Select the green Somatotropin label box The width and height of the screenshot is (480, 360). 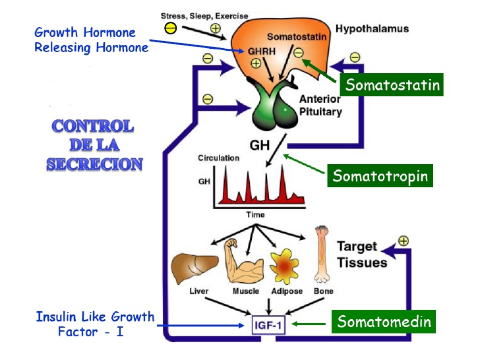coord(380,176)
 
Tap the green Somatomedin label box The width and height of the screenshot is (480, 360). coord(384,322)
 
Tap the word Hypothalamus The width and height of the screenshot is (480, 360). coord(373,29)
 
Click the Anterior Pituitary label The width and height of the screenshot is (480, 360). coord(320,105)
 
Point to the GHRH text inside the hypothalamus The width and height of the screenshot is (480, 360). coord(258,50)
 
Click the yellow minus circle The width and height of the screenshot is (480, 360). coord(170,28)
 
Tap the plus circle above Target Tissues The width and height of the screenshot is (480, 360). coord(403,241)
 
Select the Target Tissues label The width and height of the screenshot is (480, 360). coord(362,255)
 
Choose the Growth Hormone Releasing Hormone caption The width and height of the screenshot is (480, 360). coord(91,40)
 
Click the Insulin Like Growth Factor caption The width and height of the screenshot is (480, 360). coord(95,324)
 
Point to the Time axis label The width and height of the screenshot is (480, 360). coord(256,214)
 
